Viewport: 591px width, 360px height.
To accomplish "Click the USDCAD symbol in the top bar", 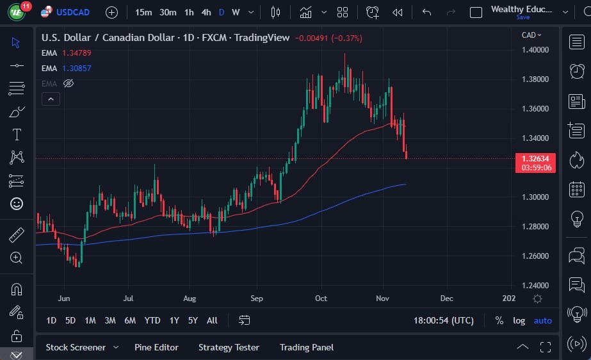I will pyautogui.click(x=73, y=12).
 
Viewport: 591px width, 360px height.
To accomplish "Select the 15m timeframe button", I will pyautogui.click(x=143, y=12).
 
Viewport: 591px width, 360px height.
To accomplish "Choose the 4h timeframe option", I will pyautogui.click(x=206, y=12).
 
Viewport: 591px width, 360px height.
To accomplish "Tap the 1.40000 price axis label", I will pyautogui.click(x=535, y=50).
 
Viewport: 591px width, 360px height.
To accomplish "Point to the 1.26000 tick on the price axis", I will pyautogui.click(x=535, y=256).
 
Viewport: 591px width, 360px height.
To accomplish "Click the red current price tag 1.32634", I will pyautogui.click(x=535, y=159).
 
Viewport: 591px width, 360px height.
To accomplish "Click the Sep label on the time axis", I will pyautogui.click(x=257, y=299).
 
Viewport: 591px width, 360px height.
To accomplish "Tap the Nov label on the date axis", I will pyautogui.click(x=383, y=299).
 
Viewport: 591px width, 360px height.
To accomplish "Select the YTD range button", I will pyautogui.click(x=152, y=320).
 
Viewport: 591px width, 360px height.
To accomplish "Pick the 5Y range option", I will pyautogui.click(x=193, y=320).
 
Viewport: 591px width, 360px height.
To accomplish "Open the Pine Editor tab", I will pyautogui.click(x=156, y=347).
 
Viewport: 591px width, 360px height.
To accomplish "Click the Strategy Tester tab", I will pyautogui.click(x=229, y=347).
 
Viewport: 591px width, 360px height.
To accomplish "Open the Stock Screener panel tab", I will pyautogui.click(x=76, y=347).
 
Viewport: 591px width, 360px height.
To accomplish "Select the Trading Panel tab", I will pyautogui.click(x=306, y=347).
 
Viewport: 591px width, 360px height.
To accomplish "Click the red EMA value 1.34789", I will pyautogui.click(x=76, y=53).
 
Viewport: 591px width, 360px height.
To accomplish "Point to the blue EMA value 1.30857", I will pyautogui.click(x=76, y=68).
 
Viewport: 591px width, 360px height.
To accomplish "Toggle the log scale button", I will pyautogui.click(x=519, y=320).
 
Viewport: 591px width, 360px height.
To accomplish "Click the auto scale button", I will pyautogui.click(x=542, y=320).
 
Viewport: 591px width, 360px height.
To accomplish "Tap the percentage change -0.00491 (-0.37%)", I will pyautogui.click(x=328, y=38).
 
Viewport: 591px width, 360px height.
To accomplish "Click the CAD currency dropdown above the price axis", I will pyautogui.click(x=531, y=35).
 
